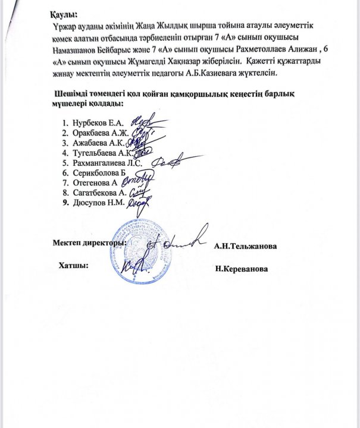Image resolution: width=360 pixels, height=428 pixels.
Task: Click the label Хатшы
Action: (73, 265)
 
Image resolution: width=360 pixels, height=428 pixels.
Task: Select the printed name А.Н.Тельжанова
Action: (248, 246)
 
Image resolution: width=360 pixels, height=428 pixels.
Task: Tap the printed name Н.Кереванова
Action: (242, 269)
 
